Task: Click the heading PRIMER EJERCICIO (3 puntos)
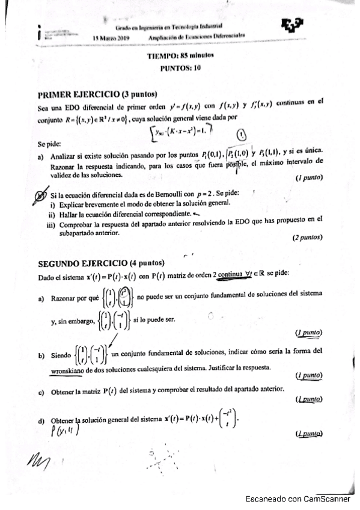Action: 97,94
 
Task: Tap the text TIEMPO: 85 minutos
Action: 180,56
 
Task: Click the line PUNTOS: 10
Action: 180,67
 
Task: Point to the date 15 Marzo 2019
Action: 112,38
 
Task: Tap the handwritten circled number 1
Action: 241,135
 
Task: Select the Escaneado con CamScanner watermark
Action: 297,498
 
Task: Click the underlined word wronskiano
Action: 71,367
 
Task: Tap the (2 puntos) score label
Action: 308,238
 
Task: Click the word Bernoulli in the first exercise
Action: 165,195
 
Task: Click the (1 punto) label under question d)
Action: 308,434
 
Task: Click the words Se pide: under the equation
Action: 49,144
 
